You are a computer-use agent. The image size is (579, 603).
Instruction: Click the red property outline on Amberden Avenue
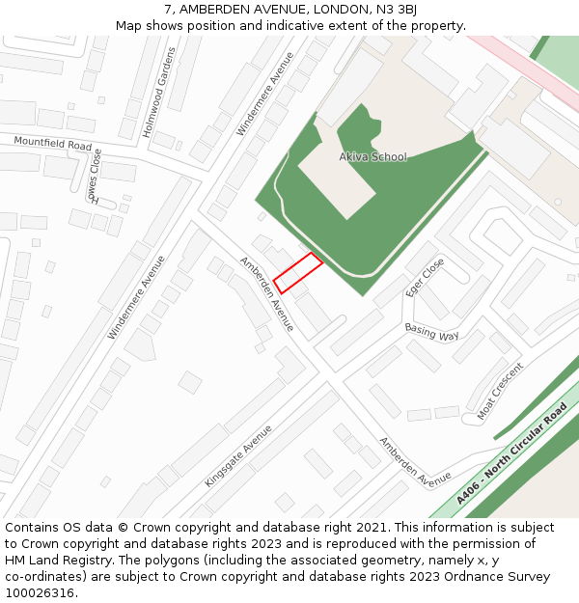coord(298,272)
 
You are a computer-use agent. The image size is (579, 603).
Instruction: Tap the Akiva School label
coord(372,156)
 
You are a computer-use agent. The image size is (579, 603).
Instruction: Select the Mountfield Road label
coord(53,144)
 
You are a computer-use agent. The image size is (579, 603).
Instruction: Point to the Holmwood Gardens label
coord(159,105)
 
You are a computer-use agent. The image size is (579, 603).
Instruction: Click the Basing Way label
coord(431,332)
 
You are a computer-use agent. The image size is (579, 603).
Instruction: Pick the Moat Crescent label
coord(499,391)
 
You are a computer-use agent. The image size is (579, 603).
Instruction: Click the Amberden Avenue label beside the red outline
coord(266,293)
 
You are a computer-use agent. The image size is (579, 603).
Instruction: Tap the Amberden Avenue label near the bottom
coord(415,461)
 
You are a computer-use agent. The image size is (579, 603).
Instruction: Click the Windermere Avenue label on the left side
coord(130,296)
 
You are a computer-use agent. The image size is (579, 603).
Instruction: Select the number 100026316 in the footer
coord(41,593)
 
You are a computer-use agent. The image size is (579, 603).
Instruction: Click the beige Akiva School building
coord(337,178)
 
